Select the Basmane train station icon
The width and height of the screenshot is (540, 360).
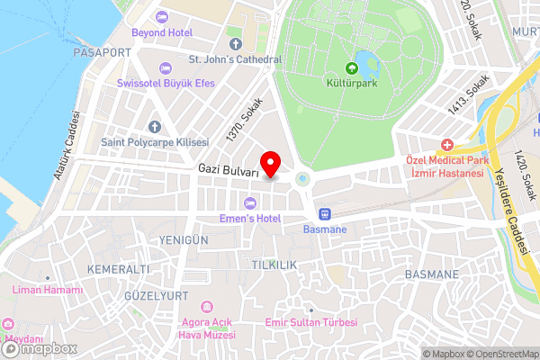click(324, 214)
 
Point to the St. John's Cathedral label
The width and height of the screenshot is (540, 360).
click(235, 59)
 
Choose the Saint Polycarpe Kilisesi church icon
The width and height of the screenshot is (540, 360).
click(154, 127)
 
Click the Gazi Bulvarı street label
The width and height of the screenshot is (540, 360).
click(229, 170)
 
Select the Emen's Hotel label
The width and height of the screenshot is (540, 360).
click(250, 219)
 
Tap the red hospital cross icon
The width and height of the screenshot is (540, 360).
click(447, 145)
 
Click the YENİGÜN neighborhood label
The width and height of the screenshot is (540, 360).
click(184, 240)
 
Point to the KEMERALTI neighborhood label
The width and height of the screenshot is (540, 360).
click(118, 270)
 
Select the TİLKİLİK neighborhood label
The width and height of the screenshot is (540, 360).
click(274, 265)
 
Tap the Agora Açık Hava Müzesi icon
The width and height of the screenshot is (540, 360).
click(208, 308)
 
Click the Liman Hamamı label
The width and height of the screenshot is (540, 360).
click(47, 290)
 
